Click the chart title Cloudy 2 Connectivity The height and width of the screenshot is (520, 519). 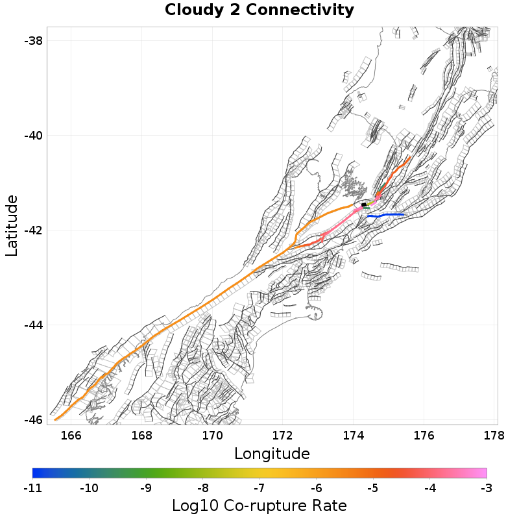(x=259, y=10)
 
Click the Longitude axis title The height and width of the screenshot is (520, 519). (x=272, y=453)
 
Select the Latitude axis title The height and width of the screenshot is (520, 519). (x=12, y=225)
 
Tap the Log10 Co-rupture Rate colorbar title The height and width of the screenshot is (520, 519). (x=259, y=505)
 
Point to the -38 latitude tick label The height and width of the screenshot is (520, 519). (x=32, y=41)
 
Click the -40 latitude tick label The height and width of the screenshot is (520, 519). (x=32, y=136)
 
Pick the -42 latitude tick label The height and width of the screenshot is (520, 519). (x=32, y=230)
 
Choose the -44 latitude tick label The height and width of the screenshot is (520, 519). (x=32, y=325)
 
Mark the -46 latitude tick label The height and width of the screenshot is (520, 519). (x=32, y=420)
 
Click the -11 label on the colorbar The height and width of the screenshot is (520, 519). (x=32, y=487)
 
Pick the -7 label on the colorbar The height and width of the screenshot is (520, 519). (x=259, y=487)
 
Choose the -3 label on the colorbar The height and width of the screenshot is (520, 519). (x=487, y=487)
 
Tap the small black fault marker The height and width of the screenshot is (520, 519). (x=364, y=205)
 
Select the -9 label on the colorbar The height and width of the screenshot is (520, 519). (x=146, y=487)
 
